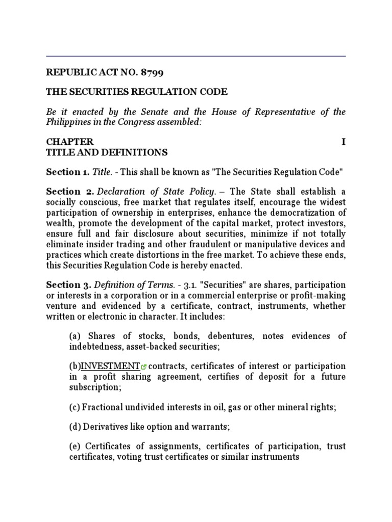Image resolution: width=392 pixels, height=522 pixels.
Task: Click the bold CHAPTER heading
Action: pyautogui.click(x=70, y=142)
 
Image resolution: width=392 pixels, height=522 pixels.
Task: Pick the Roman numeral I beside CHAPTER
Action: pyautogui.click(x=344, y=142)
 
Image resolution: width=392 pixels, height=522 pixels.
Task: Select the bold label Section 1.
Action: pyautogui.click(x=66, y=172)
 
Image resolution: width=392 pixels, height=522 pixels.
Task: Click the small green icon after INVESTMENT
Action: pyautogui.click(x=144, y=367)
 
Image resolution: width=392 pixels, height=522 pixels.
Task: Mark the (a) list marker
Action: pyautogui.click(x=75, y=336)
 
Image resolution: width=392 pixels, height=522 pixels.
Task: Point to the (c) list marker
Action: pyautogui.click(x=75, y=407)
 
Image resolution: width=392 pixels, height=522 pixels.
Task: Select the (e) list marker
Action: pyautogui.click(x=75, y=447)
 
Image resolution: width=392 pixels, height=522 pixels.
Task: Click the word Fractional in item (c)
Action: pyautogui.click(x=103, y=407)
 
